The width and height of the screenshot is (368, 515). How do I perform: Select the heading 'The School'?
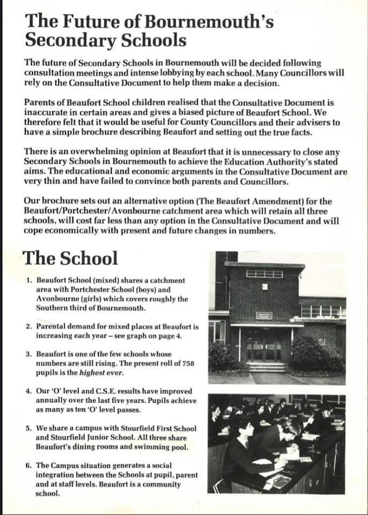pos(70,258)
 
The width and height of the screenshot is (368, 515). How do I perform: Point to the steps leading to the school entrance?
pos(265,367)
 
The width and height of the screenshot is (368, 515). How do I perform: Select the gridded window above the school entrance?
pos(264,274)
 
